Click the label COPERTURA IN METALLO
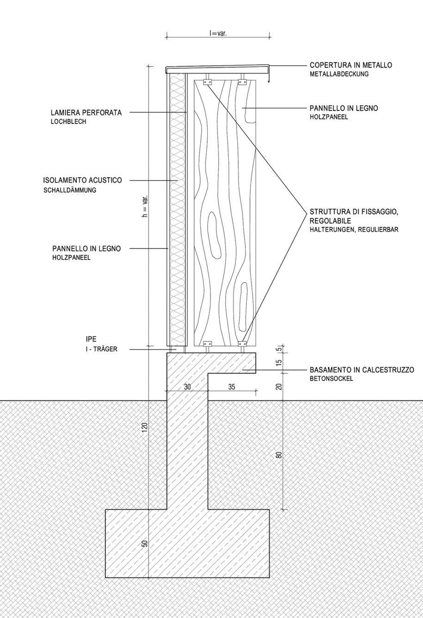click(350, 65)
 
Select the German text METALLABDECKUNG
click(339, 74)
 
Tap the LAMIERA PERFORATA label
click(86, 113)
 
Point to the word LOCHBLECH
click(68, 122)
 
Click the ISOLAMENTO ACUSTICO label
click(82, 180)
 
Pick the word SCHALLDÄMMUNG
click(70, 190)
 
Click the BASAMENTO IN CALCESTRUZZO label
click(362, 370)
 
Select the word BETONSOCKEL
click(331, 378)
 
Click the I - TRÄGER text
click(101, 349)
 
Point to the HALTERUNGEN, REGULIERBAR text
click(354, 229)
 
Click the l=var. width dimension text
click(218, 34)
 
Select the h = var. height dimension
click(145, 206)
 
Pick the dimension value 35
click(232, 387)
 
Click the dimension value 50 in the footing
click(145, 543)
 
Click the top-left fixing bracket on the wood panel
click(208, 82)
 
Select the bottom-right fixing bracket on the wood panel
click(242, 344)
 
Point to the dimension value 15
click(279, 362)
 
